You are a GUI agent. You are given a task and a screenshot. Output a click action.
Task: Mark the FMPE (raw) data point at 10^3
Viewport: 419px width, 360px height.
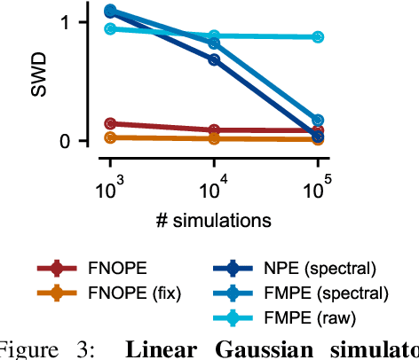[110, 29]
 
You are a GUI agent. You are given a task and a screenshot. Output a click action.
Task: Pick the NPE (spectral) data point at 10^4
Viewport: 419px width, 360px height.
[214, 59]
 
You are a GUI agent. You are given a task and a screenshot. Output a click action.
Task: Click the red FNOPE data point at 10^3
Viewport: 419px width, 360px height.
[110, 124]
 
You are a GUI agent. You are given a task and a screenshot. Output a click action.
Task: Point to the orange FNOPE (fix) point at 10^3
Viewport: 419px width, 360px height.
[110, 137]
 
